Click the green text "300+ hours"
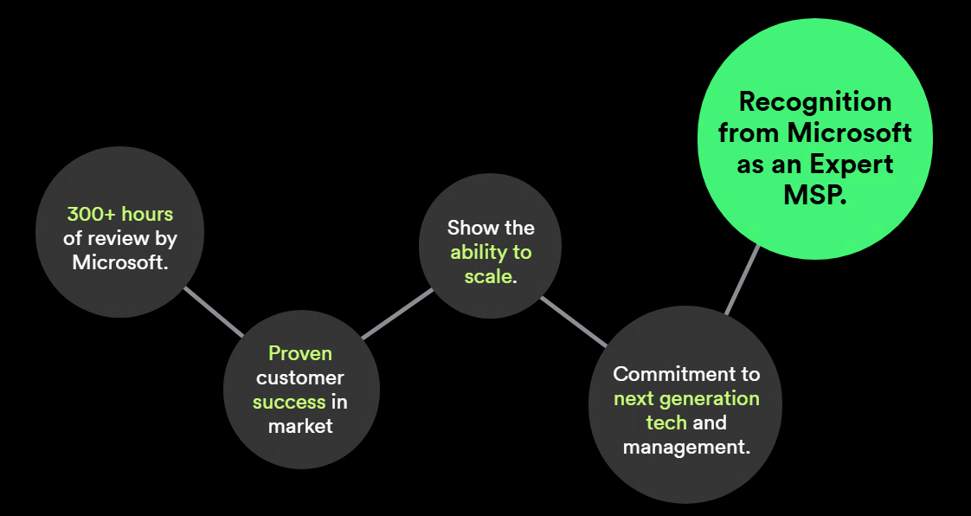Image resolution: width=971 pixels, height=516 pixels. [x=120, y=214]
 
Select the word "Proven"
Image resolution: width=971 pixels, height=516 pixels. [x=300, y=353]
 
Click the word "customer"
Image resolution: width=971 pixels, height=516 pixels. [x=300, y=377]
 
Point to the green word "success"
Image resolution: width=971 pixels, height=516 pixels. [x=289, y=402]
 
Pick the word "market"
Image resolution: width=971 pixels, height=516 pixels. [x=300, y=426]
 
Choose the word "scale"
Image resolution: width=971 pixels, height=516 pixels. [x=488, y=278]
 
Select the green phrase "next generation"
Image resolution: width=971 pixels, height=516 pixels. [x=686, y=398]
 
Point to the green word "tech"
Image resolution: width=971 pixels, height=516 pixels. [x=666, y=422]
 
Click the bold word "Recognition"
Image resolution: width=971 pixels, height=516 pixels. [x=814, y=102]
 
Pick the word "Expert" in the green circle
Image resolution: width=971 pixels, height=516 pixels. [x=852, y=164]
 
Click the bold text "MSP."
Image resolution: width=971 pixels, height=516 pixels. [x=814, y=195]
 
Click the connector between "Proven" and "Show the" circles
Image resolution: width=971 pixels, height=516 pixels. [x=396, y=313]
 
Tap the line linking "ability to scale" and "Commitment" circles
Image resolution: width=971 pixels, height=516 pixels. [x=574, y=321]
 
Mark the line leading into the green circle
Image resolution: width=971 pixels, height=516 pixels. [x=743, y=279]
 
